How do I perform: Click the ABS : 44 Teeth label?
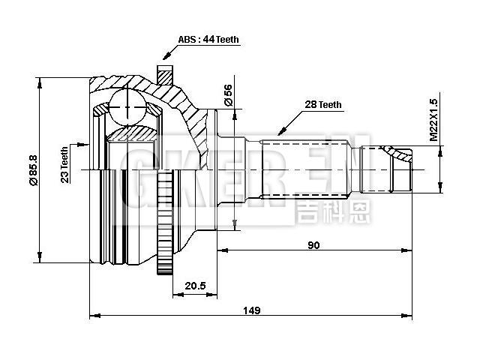tap(210, 40)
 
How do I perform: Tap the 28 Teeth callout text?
tap(323, 105)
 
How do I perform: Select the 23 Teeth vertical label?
tap(65, 164)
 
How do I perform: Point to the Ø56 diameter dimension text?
tap(226, 94)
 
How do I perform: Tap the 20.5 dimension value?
tap(195, 285)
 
